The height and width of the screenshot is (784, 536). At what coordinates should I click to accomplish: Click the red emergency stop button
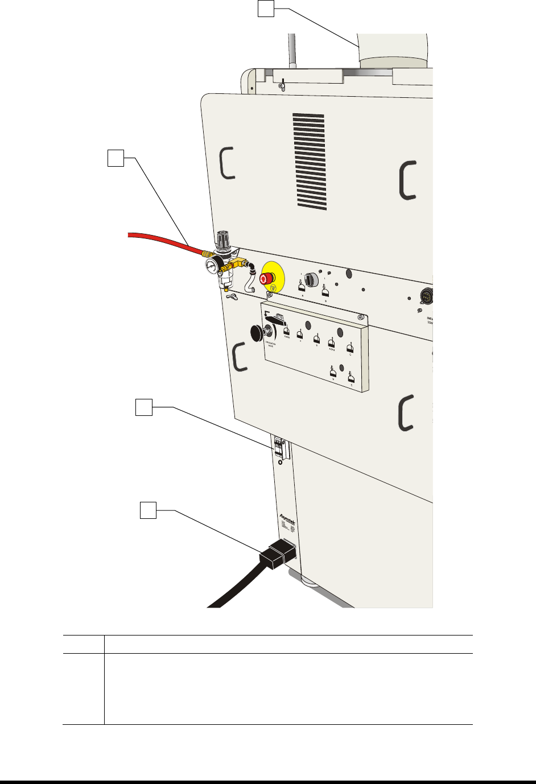click(265, 278)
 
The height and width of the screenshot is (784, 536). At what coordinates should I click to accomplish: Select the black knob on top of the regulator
click(222, 238)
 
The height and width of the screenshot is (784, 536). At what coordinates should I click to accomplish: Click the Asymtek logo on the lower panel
click(287, 518)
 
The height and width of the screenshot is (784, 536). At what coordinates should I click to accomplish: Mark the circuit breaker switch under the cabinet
click(279, 447)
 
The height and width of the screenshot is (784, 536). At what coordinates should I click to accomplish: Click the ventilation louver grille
click(310, 160)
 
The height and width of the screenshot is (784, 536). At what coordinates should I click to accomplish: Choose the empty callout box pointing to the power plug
click(148, 510)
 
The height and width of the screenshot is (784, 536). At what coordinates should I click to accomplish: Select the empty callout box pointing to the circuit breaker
click(143, 407)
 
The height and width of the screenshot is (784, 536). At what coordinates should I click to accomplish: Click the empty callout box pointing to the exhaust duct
click(266, 8)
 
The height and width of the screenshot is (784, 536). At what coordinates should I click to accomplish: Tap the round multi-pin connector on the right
click(427, 295)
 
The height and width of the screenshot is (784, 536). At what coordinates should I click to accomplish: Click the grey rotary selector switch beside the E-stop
click(311, 279)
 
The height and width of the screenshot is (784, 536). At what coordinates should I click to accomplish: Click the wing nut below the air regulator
click(231, 296)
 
